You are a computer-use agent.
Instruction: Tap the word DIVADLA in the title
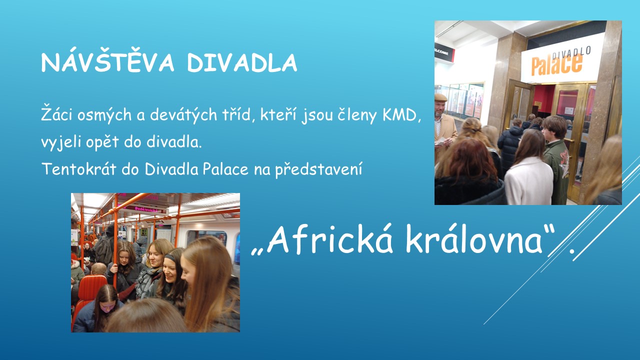[x=242, y=62]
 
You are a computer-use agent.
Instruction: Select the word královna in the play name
[x=473, y=239]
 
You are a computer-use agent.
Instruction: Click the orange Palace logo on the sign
[x=556, y=64]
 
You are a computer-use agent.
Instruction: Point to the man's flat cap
[x=441, y=97]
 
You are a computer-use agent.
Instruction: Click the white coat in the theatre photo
[x=528, y=181]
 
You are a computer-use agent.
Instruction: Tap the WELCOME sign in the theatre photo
[x=443, y=53]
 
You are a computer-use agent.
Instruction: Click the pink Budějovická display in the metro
[x=146, y=209]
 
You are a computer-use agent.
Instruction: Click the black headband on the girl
[x=169, y=257]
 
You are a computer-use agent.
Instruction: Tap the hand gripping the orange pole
[x=114, y=268]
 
